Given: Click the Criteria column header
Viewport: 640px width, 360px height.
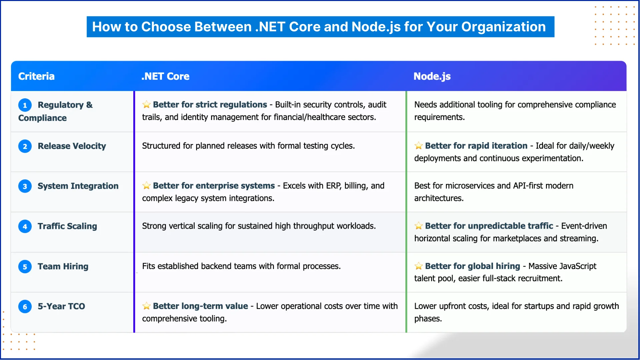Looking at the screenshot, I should [x=36, y=76].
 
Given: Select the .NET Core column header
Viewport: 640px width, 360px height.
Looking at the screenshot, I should [x=165, y=76].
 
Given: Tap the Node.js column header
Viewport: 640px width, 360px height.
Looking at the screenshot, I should [x=432, y=76].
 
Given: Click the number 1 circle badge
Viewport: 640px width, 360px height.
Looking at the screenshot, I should [x=25, y=105].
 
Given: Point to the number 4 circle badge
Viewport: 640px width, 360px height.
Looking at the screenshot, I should [x=25, y=227].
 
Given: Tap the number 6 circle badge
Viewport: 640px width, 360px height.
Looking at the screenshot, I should [x=25, y=307].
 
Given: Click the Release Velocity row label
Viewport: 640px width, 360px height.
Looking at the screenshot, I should [x=72, y=146].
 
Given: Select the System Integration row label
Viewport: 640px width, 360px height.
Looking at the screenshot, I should [x=78, y=186].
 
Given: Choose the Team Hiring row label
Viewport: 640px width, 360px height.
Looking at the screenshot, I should [x=63, y=266].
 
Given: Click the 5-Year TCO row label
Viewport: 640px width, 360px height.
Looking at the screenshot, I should [x=61, y=306].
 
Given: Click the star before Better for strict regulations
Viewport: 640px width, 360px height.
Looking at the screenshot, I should [x=146, y=105].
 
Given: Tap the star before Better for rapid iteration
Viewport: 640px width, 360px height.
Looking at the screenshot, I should [x=418, y=146].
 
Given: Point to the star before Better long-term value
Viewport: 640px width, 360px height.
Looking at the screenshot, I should [x=146, y=306].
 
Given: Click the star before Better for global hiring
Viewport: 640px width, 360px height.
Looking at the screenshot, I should [x=418, y=266].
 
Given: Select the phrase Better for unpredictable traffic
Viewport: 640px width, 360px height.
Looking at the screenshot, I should [x=489, y=226].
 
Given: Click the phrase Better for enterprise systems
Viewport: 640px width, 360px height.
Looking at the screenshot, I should [x=214, y=186].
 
